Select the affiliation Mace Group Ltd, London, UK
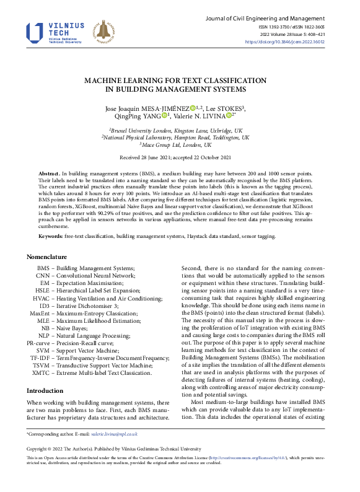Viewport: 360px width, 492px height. tap(180, 145)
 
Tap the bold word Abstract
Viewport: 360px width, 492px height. tap(49, 172)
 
